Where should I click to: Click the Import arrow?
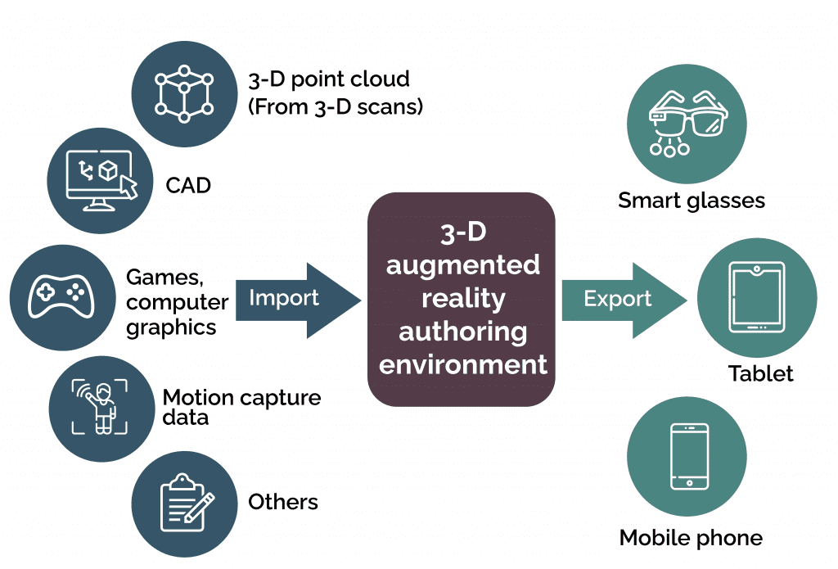pos(295,299)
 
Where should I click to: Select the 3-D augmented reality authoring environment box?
pos(462,299)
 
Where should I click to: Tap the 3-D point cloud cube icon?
pos(184,88)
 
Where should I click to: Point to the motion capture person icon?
pos(101,407)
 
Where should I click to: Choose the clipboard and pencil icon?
pos(185,501)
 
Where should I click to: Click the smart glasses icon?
pos(687,123)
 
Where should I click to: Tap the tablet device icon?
pos(757,298)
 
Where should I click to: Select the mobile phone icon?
pos(687,456)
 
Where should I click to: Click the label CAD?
pos(188,186)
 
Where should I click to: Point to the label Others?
pos(283,501)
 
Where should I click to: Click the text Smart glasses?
pos(692,201)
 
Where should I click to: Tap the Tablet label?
pos(760,374)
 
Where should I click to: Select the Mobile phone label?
pos(691,538)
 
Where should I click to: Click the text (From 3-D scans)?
pos(336,106)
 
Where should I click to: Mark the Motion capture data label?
pos(241,407)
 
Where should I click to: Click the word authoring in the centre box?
pos(462,332)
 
